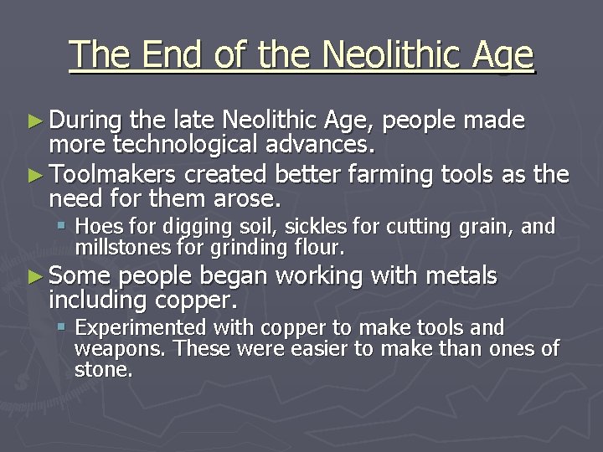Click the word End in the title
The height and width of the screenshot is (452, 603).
click(171, 55)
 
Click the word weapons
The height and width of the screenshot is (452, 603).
click(111, 349)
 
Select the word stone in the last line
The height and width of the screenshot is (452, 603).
click(102, 370)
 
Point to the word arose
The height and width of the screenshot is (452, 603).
click(249, 199)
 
